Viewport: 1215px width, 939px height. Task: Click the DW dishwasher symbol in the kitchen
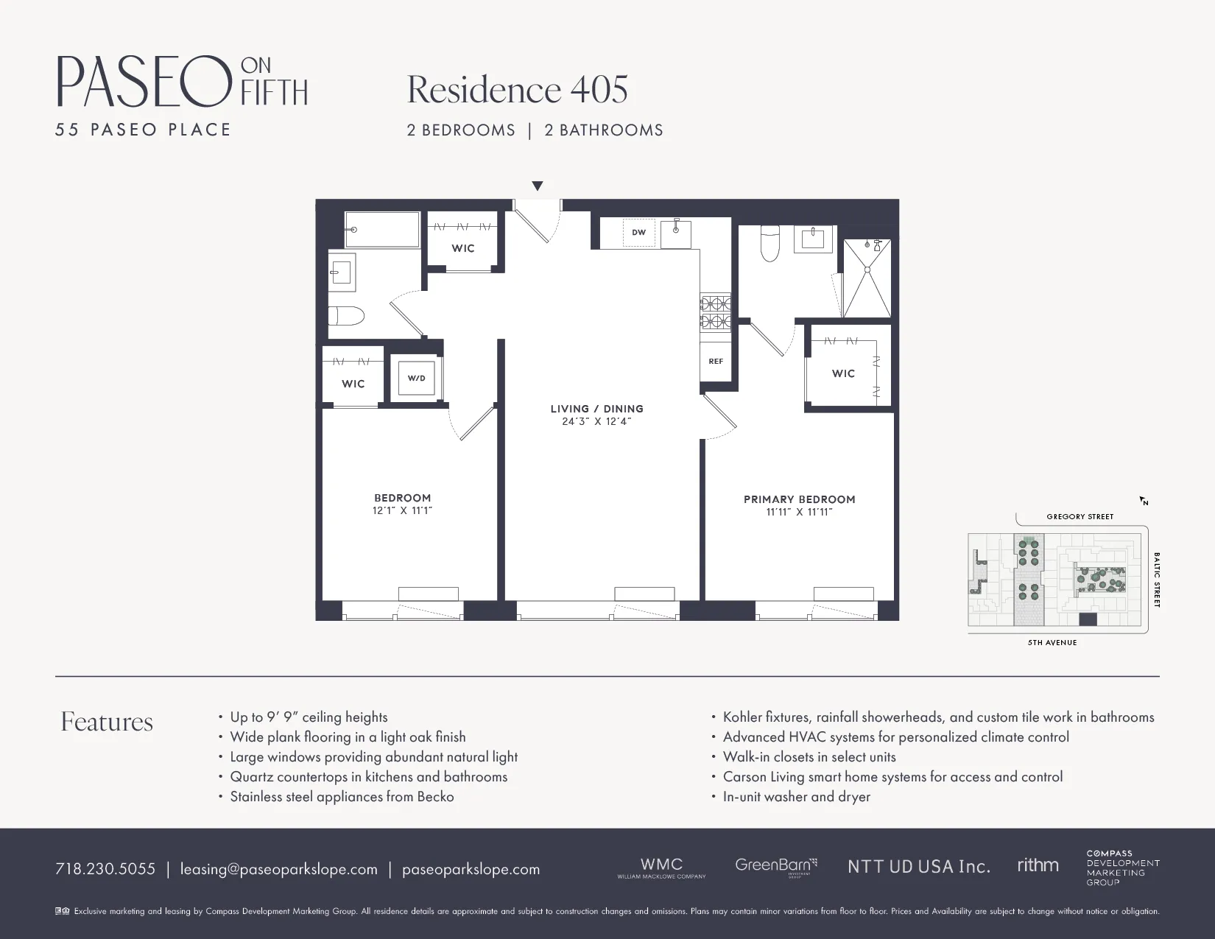(638, 232)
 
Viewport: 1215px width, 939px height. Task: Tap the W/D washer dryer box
(416, 378)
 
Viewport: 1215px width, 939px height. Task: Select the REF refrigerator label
(716, 362)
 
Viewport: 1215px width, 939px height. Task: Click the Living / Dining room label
(596, 409)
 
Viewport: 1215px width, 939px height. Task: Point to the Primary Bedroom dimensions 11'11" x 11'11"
(799, 512)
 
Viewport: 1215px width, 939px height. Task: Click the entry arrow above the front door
(538, 186)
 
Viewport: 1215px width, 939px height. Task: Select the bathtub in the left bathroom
(382, 230)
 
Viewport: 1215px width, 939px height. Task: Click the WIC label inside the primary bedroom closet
(843, 373)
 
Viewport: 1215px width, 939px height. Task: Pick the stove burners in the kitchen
(715, 312)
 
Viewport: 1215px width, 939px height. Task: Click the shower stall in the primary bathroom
(867, 278)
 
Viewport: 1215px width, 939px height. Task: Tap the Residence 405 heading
(517, 90)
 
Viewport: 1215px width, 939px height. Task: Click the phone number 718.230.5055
(105, 869)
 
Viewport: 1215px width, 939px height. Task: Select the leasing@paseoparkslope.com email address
(279, 869)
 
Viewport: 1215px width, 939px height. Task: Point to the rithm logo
(1038, 865)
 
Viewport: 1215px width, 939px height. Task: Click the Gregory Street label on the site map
(1080, 516)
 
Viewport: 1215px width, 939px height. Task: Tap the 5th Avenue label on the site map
(1052, 642)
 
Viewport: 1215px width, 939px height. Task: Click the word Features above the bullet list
(107, 722)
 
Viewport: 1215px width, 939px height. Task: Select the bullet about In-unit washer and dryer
(796, 796)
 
